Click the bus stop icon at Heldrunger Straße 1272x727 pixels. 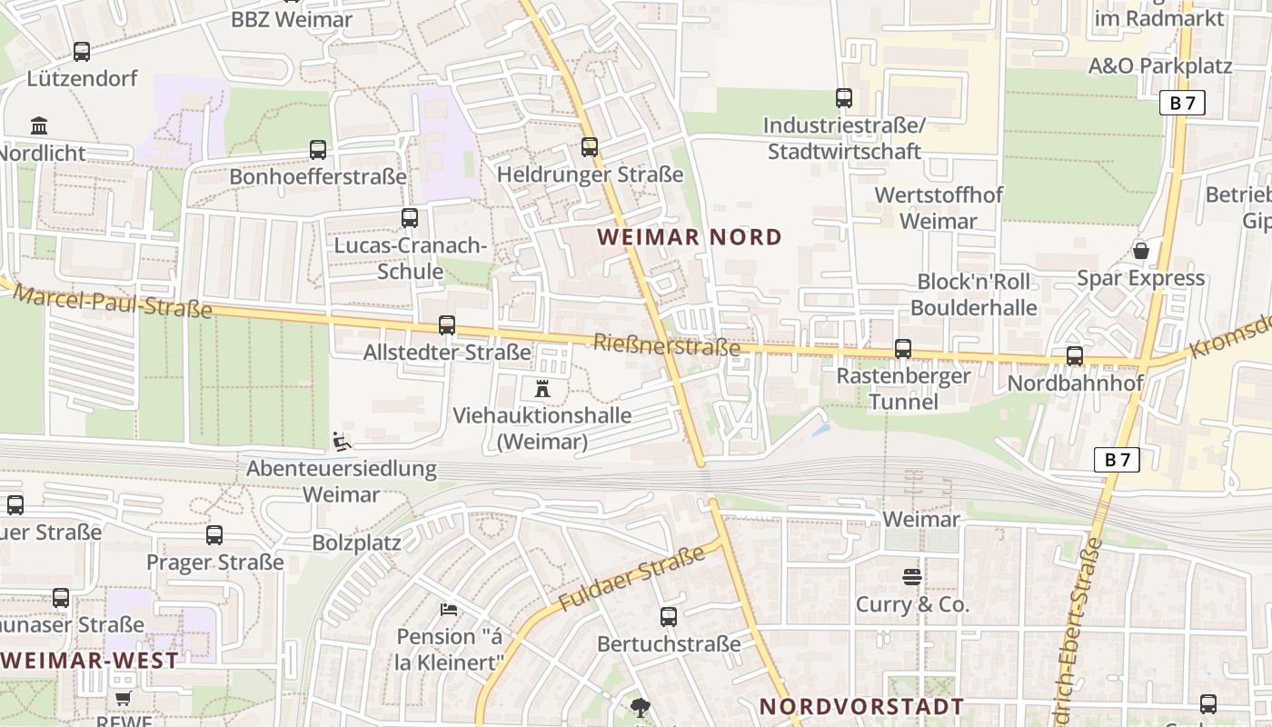coord(590,146)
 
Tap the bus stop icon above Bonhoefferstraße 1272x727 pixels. coord(317,149)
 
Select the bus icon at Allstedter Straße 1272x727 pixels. coord(446,324)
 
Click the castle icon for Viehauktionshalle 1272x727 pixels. coord(542,389)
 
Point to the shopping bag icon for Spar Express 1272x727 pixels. coord(1140,250)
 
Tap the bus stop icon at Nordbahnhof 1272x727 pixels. coord(1075,355)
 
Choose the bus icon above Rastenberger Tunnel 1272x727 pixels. coord(902,348)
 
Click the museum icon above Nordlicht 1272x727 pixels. coord(39,125)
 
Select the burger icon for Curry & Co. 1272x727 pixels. coord(912,576)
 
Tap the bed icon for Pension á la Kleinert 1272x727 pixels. coord(448,609)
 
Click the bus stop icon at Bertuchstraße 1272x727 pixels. coord(669,616)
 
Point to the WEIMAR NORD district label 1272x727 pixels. coord(690,237)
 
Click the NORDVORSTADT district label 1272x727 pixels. coord(861,706)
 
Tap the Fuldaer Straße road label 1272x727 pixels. coord(631,578)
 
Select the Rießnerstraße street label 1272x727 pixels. coord(667,345)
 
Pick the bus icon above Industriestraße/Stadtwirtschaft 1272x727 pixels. coord(844,97)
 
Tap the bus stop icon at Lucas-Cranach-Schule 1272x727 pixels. coord(410,217)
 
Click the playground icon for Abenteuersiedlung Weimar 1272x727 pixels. coord(341,441)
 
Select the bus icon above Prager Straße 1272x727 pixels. coord(214,534)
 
